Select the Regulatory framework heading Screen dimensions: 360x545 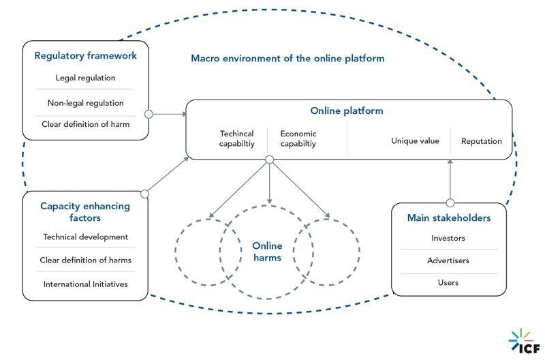pos(85,56)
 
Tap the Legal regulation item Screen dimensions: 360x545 pos(86,78)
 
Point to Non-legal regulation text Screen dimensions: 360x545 pos(86,103)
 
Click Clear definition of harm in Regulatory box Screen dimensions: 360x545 pos(86,124)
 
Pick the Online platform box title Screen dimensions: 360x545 pos(347,110)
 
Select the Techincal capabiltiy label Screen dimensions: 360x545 pos(236,139)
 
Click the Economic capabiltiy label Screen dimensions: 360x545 pos(298,139)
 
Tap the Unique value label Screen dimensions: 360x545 pos(415,141)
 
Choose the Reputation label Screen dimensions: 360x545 pos(481,141)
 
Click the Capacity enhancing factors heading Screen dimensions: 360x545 pos(85,212)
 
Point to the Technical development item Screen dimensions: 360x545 pos(85,237)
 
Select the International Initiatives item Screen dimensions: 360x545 pos(85,284)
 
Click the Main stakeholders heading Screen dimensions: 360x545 pos(448,217)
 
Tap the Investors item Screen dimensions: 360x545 pos(448,239)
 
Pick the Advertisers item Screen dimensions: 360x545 pos(448,260)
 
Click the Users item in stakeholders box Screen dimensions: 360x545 pos(448,282)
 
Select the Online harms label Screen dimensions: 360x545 pos(267,252)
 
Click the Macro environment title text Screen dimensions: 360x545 pos(287,59)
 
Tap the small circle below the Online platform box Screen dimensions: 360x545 pos(269,160)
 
